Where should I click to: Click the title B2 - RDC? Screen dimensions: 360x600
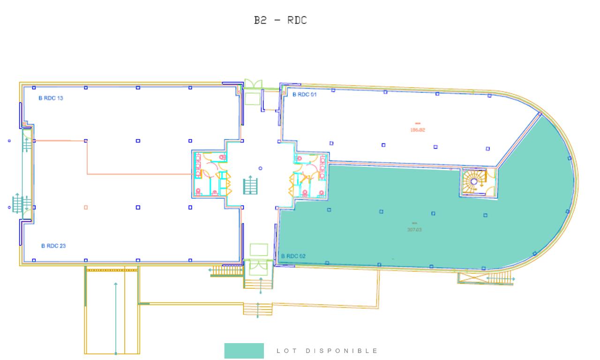280,21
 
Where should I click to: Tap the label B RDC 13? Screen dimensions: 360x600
51,98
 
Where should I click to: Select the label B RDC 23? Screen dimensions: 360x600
53,246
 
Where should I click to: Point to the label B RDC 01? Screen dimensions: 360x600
305,95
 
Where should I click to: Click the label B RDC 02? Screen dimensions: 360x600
293,256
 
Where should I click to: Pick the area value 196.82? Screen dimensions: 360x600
417,130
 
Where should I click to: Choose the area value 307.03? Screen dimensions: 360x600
414,230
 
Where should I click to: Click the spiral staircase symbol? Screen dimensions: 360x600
473,181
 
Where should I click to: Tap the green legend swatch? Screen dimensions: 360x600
244,351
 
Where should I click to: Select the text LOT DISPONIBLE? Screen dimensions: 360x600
327,351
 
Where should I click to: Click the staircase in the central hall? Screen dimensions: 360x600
250,185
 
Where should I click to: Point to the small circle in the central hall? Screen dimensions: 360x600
261,168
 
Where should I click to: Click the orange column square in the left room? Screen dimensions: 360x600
86,207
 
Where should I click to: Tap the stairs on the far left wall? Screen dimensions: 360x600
19,203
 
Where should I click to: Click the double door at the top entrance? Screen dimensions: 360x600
254,85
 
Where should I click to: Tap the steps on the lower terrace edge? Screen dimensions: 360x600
257,309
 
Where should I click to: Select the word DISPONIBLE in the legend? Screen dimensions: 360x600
342,351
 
